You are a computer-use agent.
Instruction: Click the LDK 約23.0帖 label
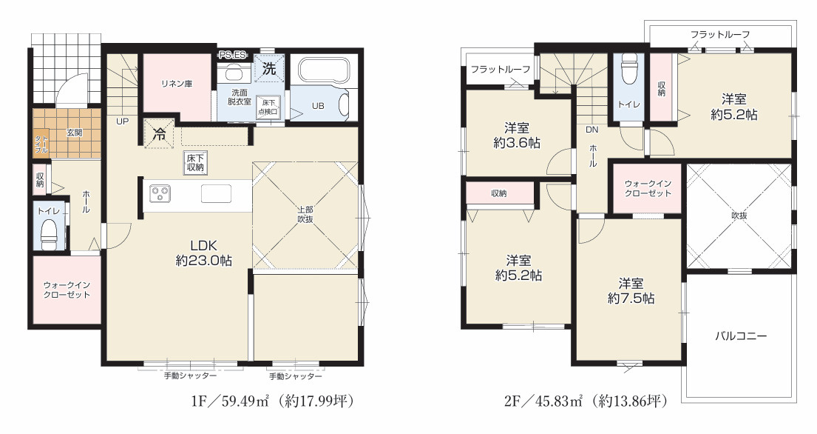tap(204, 253)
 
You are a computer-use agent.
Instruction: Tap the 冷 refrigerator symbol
tap(159, 134)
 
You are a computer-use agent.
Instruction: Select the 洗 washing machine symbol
tap(269, 68)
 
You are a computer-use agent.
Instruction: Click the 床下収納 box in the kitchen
tap(196, 162)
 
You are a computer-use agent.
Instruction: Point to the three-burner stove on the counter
tap(160, 193)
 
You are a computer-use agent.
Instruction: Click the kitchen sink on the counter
tap(216, 193)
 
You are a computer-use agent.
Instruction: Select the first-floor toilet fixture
tap(49, 234)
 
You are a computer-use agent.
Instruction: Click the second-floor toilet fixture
tap(629, 70)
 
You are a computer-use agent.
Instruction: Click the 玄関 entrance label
tap(74, 133)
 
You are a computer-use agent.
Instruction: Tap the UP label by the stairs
tap(122, 121)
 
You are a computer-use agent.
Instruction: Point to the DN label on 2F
tap(592, 130)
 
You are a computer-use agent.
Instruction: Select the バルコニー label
tap(740, 336)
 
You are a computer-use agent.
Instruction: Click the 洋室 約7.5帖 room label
tap(631, 291)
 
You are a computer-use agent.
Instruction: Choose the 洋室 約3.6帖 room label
tap(516, 135)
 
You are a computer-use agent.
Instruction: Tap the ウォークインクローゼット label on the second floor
tap(648, 188)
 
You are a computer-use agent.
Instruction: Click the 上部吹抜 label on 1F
tap(305, 215)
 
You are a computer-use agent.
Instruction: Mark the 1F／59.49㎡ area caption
tap(274, 401)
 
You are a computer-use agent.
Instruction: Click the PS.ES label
tap(232, 54)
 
